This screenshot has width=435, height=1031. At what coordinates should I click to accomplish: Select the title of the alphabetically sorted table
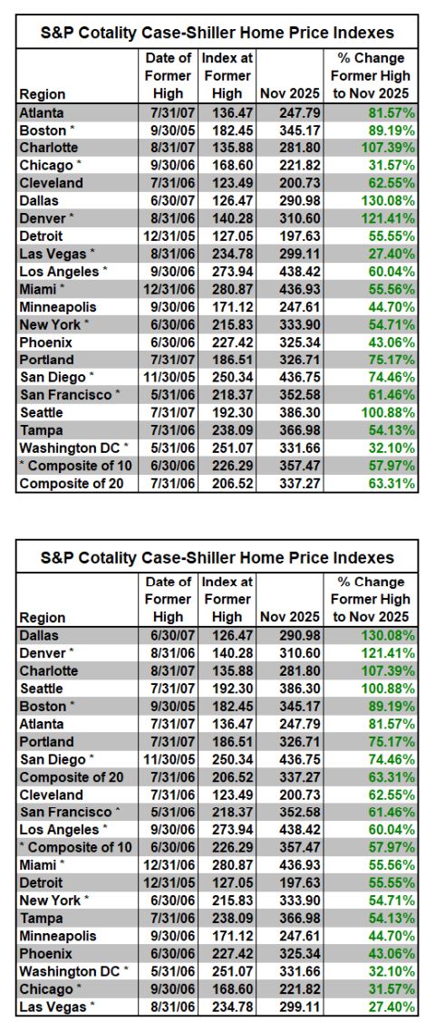(217, 33)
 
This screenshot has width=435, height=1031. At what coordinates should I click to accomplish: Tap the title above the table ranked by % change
(217, 557)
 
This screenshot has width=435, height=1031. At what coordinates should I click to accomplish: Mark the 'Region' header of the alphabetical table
(43, 93)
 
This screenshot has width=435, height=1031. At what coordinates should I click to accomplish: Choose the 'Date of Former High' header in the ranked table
(169, 600)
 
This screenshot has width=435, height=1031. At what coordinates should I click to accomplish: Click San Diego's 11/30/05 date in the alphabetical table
(166, 377)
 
